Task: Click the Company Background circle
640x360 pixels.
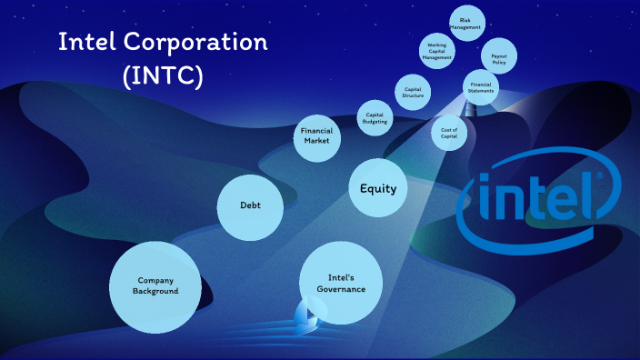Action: [x=155, y=285]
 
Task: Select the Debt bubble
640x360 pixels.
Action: [x=250, y=207]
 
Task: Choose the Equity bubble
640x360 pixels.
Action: [x=378, y=188]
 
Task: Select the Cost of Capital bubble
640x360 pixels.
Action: [x=449, y=132]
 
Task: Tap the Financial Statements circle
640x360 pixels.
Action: [x=481, y=87]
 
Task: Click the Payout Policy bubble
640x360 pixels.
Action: [x=499, y=56]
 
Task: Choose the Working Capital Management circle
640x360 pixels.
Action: [x=436, y=51]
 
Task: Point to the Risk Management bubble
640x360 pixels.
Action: [x=466, y=23]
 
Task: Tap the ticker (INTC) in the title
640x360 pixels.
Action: [x=163, y=75]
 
